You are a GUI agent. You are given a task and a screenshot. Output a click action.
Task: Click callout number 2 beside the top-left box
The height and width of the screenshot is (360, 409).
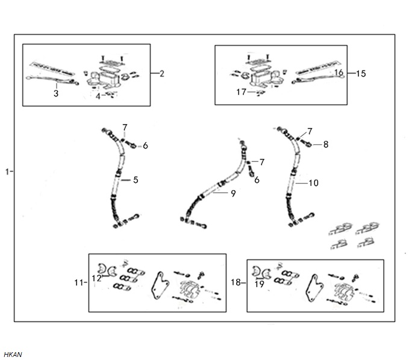click(161, 74)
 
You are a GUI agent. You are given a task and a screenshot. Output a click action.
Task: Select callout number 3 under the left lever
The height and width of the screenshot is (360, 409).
click(56, 93)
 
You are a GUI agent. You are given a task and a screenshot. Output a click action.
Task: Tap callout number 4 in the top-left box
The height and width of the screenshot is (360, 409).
click(98, 96)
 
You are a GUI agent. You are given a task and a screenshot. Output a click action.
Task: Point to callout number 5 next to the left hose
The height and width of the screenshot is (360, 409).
click(136, 180)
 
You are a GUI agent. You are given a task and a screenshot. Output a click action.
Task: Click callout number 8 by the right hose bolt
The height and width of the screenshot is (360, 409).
click(326, 144)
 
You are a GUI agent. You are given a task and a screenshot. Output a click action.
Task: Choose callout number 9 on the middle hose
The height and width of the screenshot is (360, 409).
click(233, 193)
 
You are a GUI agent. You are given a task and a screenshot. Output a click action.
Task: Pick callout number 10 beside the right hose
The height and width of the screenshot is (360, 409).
click(314, 183)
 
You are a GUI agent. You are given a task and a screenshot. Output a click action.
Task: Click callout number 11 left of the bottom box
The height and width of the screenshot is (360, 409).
click(79, 282)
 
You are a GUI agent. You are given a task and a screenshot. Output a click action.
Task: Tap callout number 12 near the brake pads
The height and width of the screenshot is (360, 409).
click(96, 278)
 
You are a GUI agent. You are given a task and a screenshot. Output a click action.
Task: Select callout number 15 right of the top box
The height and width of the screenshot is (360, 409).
click(361, 73)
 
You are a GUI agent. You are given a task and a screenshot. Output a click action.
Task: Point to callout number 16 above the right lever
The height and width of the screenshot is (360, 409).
click(339, 72)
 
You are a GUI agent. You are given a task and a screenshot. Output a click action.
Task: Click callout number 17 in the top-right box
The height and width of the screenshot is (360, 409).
click(242, 92)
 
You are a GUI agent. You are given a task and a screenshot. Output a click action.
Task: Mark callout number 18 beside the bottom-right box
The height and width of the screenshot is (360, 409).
click(236, 282)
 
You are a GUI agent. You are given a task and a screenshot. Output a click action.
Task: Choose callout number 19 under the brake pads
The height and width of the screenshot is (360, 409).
click(259, 284)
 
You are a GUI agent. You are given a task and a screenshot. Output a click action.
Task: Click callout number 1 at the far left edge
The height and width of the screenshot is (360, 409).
click(8, 172)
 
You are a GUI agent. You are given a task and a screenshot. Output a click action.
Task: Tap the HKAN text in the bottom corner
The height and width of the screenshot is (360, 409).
click(13, 355)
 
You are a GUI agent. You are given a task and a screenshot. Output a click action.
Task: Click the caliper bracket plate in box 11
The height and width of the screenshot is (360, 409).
click(160, 285)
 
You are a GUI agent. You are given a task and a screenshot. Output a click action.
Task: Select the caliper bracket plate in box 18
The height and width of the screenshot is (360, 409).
click(315, 288)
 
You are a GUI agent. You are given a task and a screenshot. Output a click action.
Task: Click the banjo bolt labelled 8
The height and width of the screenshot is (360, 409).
click(306, 142)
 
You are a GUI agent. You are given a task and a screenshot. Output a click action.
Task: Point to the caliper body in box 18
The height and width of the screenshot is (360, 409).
click(344, 290)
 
